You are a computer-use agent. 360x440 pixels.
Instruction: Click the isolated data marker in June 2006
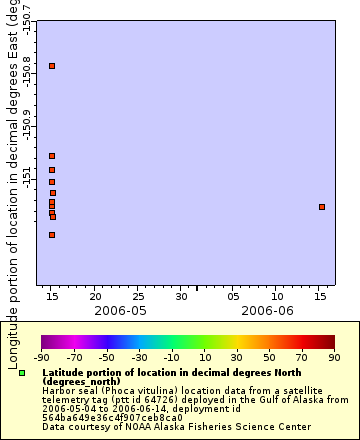[x=322, y=207]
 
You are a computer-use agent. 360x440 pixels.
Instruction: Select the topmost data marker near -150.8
[x=52, y=66]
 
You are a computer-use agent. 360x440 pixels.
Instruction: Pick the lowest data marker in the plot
[x=52, y=235]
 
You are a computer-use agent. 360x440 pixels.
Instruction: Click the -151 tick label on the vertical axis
[x=28, y=173]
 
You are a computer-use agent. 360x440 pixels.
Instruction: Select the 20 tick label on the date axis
[x=95, y=296]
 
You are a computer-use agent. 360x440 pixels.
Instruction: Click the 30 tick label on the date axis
[x=181, y=296]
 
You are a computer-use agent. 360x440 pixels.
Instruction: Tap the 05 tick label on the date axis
[x=232, y=296]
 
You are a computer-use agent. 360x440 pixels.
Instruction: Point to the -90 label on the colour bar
[x=41, y=356]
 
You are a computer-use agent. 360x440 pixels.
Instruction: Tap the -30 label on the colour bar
[x=139, y=356]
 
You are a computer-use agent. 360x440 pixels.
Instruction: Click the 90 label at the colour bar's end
[x=333, y=356]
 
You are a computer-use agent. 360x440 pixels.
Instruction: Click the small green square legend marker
[x=22, y=373]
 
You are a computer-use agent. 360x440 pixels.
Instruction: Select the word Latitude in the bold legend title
[x=62, y=372]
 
